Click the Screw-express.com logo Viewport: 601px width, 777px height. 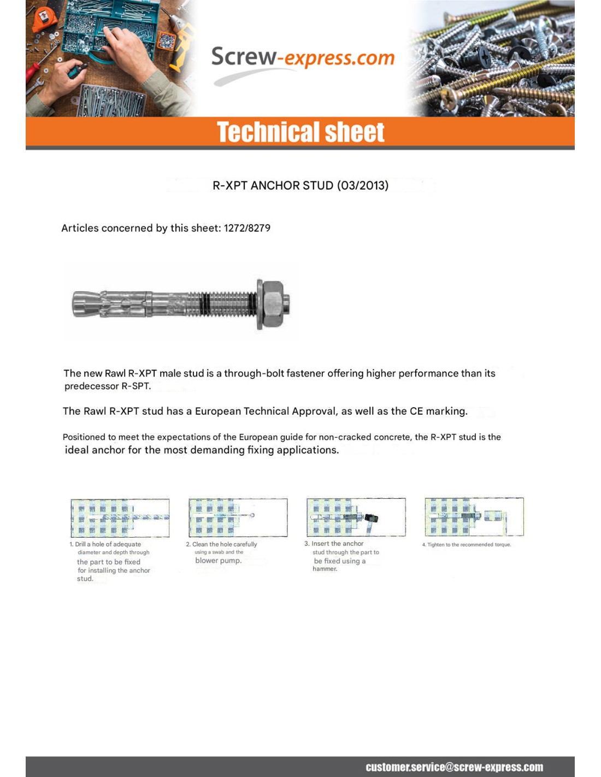tap(303, 59)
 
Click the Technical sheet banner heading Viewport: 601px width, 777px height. tap(300, 132)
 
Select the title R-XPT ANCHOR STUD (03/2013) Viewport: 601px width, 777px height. tap(300, 185)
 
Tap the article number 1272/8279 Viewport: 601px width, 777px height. tap(247, 228)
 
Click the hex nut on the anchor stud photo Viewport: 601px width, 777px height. tap(272, 304)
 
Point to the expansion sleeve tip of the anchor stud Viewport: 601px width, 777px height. tap(87, 304)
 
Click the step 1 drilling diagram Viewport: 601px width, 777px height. tap(120, 517)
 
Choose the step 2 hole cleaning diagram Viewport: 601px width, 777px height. tap(238, 517)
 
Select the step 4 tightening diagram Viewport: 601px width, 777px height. tap(474, 517)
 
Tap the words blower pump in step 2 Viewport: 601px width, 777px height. tap(218, 561)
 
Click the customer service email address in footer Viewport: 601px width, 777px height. tap(454, 767)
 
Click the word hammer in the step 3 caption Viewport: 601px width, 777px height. tap(325, 569)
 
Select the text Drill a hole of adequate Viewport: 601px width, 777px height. tap(108, 544)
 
